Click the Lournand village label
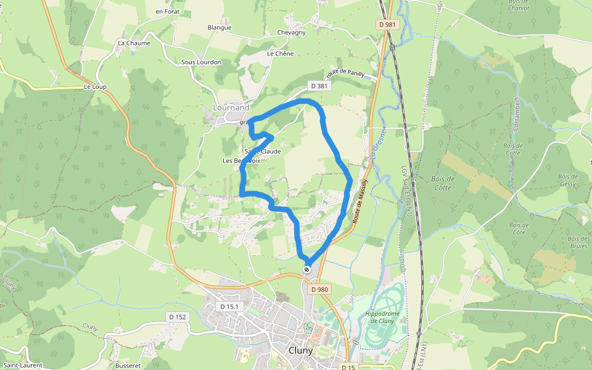tap(231, 107)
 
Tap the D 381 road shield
tap(319, 86)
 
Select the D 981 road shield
tap(387, 25)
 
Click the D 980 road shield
tap(319, 289)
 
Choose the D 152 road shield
tap(178, 317)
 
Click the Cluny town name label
tap(300, 350)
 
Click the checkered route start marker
tap(306, 270)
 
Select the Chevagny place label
tap(292, 33)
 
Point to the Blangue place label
tap(220, 27)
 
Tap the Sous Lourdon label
tap(201, 62)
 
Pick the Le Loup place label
tap(95, 87)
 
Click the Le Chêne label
tap(280, 54)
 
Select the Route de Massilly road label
tap(360, 201)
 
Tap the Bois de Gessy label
tap(568, 180)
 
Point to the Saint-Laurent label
tap(22, 365)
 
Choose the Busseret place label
tap(128, 365)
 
